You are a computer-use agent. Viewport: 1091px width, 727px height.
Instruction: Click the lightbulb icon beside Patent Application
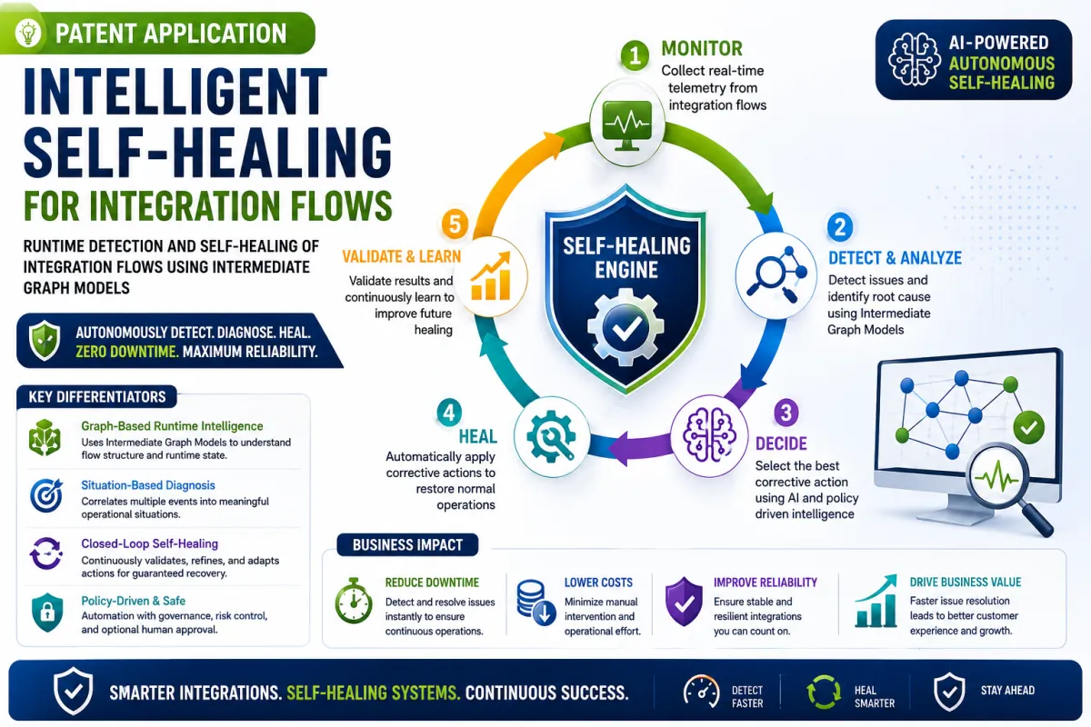[28, 33]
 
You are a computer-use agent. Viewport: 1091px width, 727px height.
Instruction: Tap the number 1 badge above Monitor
[635, 55]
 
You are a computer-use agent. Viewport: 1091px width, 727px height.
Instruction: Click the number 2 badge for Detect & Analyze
[840, 227]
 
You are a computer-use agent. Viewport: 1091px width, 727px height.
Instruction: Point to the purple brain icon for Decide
[708, 434]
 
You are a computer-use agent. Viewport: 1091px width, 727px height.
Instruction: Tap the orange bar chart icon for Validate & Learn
[491, 275]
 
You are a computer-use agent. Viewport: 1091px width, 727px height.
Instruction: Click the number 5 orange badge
[455, 224]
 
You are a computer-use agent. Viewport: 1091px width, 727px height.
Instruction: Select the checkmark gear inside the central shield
[626, 327]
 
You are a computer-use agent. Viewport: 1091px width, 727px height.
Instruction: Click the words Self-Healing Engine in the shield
[626, 257]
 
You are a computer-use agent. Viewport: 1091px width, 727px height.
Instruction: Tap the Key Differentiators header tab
[97, 397]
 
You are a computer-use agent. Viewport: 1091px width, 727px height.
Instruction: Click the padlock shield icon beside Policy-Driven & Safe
[46, 612]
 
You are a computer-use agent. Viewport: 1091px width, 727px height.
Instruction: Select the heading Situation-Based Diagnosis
[148, 485]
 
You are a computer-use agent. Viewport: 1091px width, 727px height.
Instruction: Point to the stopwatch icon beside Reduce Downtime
[354, 601]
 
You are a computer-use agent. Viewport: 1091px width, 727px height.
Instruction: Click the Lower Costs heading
[598, 583]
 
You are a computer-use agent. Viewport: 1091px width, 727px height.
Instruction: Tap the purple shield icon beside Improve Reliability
[684, 602]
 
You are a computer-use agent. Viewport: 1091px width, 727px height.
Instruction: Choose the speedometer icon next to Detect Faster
[701, 691]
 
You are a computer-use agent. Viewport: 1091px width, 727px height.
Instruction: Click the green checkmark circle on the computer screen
[1028, 427]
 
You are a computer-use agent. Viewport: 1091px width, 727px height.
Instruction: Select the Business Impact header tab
[407, 545]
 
